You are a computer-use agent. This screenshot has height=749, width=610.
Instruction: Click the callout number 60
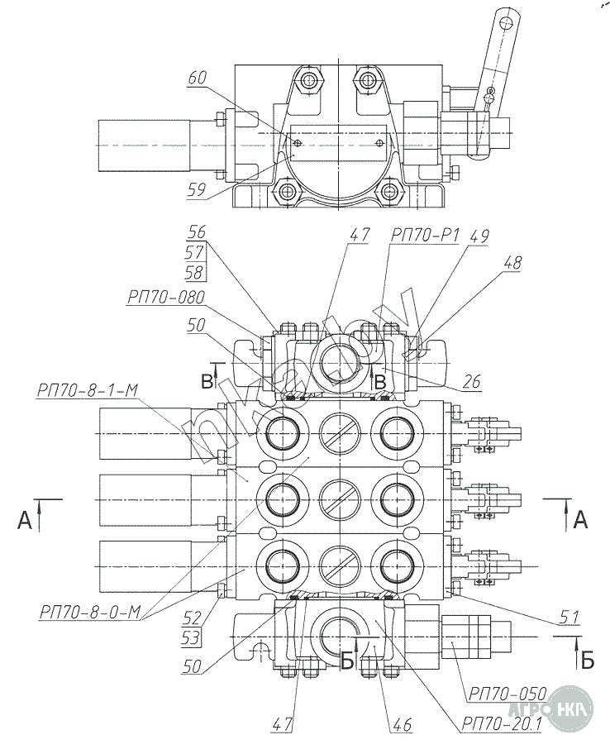(196, 79)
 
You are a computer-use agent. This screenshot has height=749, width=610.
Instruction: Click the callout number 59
(197, 190)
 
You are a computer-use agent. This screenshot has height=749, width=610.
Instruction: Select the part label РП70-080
(166, 298)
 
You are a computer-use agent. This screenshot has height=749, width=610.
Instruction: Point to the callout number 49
(479, 236)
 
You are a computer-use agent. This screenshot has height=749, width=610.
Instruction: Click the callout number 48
(512, 265)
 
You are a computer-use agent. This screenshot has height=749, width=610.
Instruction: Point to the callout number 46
(402, 725)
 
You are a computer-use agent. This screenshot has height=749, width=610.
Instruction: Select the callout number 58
(196, 271)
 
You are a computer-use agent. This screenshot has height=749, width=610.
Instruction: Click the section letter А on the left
(25, 519)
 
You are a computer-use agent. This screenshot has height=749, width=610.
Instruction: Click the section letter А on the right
(581, 519)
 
